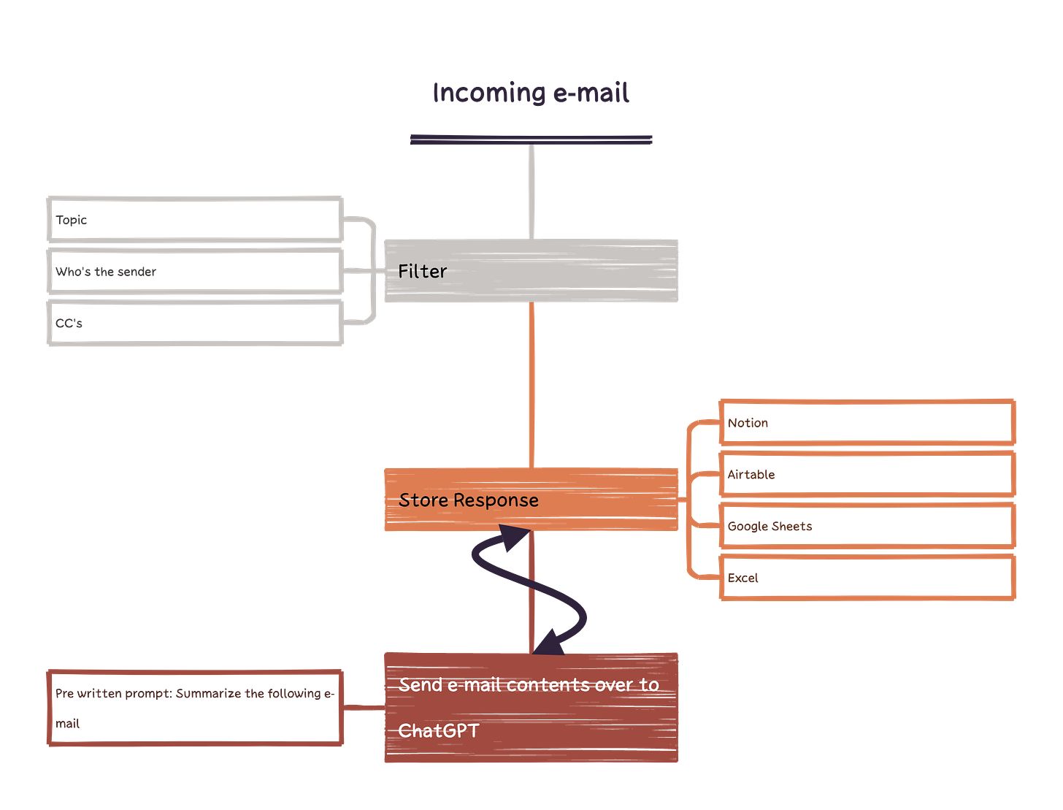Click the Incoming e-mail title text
(531, 93)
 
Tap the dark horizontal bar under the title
(531, 139)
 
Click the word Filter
(422, 272)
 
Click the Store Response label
(469, 500)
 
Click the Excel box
(867, 578)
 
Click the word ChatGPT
(439, 730)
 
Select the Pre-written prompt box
(194, 708)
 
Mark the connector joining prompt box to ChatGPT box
(364, 707)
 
